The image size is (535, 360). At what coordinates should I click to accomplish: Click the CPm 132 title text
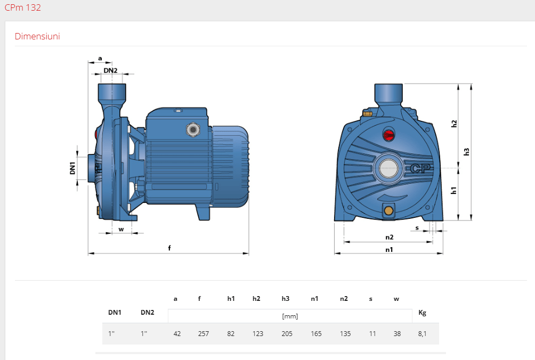pyautogui.click(x=22, y=7)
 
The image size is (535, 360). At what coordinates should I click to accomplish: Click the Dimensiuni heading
pyautogui.click(x=37, y=36)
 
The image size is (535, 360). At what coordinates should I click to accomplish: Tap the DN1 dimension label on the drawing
pyautogui.click(x=72, y=168)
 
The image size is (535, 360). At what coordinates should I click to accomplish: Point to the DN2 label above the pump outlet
pyautogui.click(x=110, y=70)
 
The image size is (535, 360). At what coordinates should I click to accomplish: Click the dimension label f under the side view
pyautogui.click(x=169, y=248)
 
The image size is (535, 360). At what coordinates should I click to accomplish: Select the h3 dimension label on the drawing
pyautogui.click(x=466, y=152)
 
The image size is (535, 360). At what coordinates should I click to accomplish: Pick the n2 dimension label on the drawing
pyautogui.click(x=390, y=237)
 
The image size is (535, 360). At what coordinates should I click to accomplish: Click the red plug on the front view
pyautogui.click(x=388, y=135)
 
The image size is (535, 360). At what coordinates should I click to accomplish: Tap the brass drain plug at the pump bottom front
pyautogui.click(x=388, y=210)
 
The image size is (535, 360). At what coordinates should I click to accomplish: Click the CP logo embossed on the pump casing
pyautogui.click(x=420, y=168)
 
